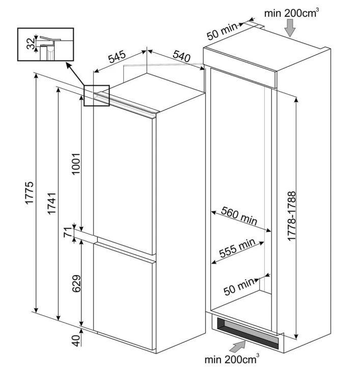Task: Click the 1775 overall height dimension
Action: point(29,193)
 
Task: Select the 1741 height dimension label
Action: point(51,204)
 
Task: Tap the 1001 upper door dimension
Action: point(76,164)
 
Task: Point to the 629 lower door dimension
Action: point(76,284)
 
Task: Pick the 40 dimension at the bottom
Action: point(76,341)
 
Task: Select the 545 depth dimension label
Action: point(117,57)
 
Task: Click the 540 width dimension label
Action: point(181,57)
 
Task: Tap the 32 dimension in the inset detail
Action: point(31,44)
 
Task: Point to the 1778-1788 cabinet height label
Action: point(291,216)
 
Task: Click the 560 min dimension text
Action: point(239,216)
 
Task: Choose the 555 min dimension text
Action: point(237,248)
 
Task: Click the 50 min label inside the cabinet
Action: point(239,287)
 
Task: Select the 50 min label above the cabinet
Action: point(222,31)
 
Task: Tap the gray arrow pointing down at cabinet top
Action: point(290,28)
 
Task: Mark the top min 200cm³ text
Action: point(292,13)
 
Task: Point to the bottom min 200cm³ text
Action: point(232,360)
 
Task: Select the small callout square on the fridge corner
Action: point(97,96)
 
